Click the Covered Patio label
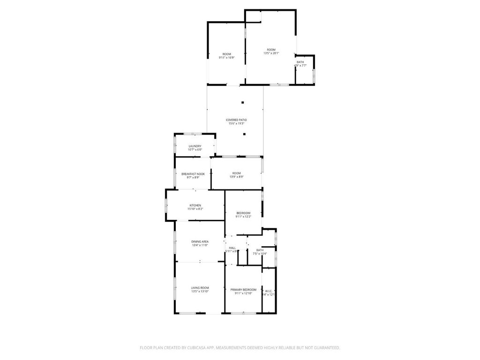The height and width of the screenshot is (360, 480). pyautogui.click(x=236, y=120)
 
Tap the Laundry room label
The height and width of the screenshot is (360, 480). pyautogui.click(x=195, y=146)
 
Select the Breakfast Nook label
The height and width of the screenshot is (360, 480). pyautogui.click(x=193, y=174)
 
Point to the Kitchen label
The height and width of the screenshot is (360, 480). pyautogui.click(x=195, y=205)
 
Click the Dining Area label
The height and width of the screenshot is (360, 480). pyautogui.click(x=200, y=241)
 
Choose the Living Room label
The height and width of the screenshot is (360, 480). pyautogui.click(x=200, y=288)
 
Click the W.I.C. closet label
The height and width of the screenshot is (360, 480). pyautogui.click(x=269, y=291)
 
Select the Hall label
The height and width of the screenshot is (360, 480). pyautogui.click(x=232, y=247)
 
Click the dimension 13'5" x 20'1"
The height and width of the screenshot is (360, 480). pyautogui.click(x=271, y=53)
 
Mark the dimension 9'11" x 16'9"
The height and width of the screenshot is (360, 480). pyautogui.click(x=227, y=58)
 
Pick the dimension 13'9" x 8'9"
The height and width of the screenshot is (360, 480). pyautogui.click(x=236, y=177)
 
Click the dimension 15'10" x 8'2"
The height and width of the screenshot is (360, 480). pyautogui.click(x=195, y=209)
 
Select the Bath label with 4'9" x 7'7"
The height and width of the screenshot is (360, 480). pyautogui.click(x=300, y=62)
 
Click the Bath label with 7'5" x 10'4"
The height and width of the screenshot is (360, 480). pyautogui.click(x=260, y=250)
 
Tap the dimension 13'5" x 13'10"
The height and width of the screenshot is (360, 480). pyautogui.click(x=200, y=292)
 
